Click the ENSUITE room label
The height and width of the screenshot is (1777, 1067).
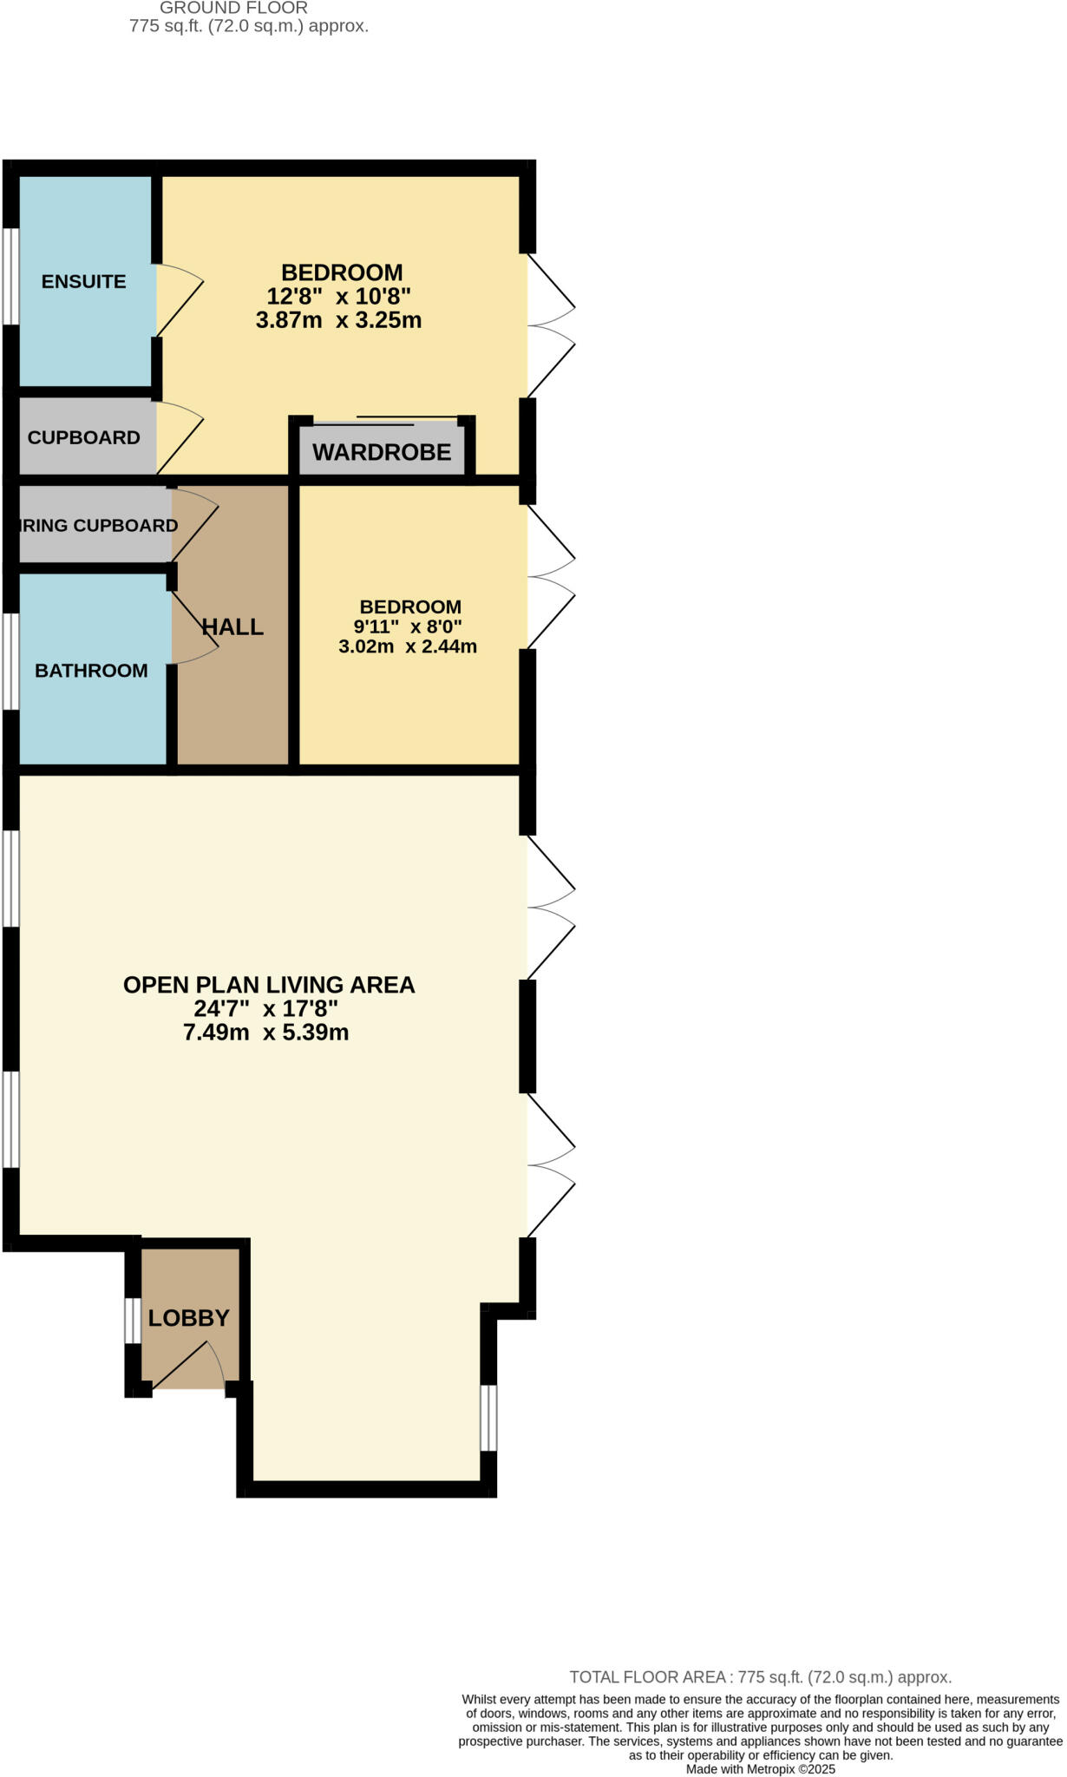tap(83, 281)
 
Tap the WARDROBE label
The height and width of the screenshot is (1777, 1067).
tap(382, 452)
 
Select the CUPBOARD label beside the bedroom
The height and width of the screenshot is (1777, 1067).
tap(83, 437)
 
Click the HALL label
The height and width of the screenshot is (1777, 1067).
tap(232, 626)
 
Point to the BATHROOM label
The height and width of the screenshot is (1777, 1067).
tap(91, 670)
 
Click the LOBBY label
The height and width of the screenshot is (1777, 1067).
tap(188, 1318)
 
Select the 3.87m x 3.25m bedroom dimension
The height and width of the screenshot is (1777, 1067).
tap(338, 320)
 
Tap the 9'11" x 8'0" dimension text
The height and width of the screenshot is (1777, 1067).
tap(407, 626)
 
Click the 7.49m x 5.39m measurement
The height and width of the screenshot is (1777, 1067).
tap(265, 1033)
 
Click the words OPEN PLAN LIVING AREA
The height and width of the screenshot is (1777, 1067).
tap(269, 985)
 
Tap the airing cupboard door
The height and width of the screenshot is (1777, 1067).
tap(196, 525)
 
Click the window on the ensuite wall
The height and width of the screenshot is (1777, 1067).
tap(10, 277)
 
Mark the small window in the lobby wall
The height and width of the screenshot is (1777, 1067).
tap(132, 1321)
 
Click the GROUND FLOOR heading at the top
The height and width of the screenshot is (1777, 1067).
tap(233, 8)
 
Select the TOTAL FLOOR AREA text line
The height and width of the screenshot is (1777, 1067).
tap(760, 1677)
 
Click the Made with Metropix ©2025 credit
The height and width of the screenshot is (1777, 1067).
tap(760, 1769)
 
